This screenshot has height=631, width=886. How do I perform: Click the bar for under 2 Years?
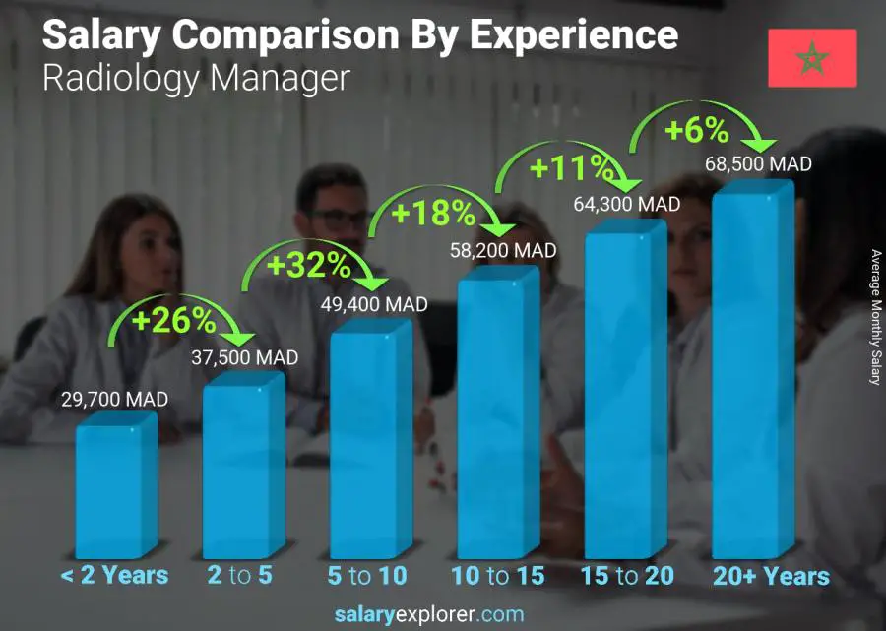115,487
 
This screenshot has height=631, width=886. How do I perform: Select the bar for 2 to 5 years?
242,468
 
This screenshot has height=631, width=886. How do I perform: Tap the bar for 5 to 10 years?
369,443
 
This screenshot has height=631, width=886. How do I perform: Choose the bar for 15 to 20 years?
624,394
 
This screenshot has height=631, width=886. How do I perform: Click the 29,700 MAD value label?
114,400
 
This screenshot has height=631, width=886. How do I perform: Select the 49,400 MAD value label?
373,305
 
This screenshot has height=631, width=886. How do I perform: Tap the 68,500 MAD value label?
757,164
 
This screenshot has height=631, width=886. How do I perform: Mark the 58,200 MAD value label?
502,250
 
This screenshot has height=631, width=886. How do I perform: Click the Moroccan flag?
812,58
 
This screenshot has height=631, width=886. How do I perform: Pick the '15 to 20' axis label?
627,576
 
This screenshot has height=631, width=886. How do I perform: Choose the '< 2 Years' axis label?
114,576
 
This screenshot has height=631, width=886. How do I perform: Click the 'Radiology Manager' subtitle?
196,78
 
